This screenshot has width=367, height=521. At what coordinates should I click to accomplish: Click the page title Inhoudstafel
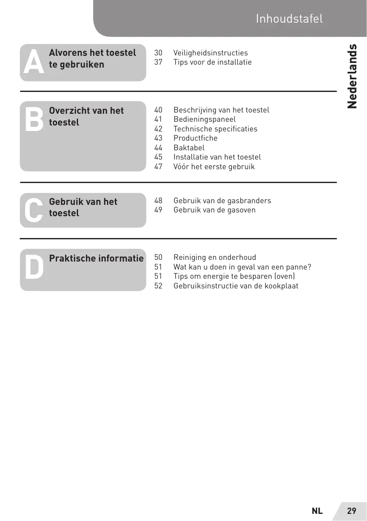click(x=289, y=19)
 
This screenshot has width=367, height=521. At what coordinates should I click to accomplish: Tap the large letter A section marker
click(x=34, y=62)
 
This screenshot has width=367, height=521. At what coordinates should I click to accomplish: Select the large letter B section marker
click(x=34, y=119)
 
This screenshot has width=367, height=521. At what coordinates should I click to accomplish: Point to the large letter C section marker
click(x=34, y=210)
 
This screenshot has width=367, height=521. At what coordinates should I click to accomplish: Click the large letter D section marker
click(x=34, y=267)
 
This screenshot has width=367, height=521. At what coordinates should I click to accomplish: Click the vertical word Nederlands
click(x=352, y=76)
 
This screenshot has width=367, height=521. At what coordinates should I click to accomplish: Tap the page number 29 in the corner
click(x=351, y=511)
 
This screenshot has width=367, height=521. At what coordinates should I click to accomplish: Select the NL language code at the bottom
click(x=317, y=511)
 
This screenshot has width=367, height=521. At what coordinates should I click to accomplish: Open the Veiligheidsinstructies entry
click(x=211, y=53)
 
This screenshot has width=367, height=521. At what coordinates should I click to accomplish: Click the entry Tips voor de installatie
click(x=212, y=62)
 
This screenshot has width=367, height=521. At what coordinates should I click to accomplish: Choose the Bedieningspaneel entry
click(x=205, y=119)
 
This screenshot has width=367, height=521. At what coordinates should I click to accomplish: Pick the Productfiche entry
click(x=195, y=138)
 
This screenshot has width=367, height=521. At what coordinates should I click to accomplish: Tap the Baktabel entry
click(x=189, y=148)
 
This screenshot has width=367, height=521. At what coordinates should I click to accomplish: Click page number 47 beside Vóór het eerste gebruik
click(x=158, y=167)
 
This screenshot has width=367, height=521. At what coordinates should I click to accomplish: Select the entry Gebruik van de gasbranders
click(x=222, y=201)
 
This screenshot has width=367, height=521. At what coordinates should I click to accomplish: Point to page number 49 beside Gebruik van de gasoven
click(x=158, y=210)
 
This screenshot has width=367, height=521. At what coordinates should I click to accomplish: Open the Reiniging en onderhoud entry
click(x=215, y=257)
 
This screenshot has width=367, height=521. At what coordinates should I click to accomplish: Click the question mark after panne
click(x=309, y=267)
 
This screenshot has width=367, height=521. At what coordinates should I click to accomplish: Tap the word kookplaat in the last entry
click(x=281, y=286)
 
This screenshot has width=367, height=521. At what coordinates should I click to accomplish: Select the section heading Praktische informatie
click(x=96, y=258)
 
